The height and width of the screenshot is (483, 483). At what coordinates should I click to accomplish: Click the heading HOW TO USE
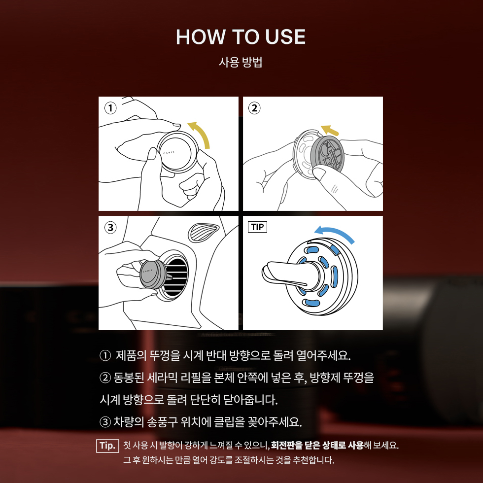pyautogui.click(x=241, y=37)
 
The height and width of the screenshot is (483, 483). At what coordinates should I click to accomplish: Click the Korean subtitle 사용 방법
pyautogui.click(x=241, y=63)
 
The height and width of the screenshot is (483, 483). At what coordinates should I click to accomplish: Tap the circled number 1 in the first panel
pyautogui.click(x=111, y=107)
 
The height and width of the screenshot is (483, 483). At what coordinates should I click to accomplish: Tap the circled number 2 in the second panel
pyautogui.click(x=255, y=107)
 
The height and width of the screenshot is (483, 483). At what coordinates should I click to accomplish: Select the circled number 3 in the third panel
pyautogui.click(x=111, y=227)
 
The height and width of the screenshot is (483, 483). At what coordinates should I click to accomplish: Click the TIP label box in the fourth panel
pyautogui.click(x=257, y=227)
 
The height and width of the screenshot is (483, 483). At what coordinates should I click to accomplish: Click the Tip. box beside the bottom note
pyautogui.click(x=107, y=446)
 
